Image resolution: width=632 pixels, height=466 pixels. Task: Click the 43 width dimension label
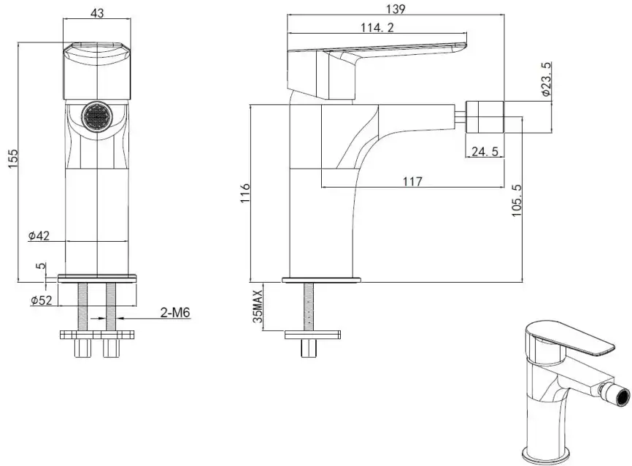[97, 13]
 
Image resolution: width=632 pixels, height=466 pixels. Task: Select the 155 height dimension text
[13, 159]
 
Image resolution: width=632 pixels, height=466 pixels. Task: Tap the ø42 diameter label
[39, 236]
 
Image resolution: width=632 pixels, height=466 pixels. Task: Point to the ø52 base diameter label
[42, 300]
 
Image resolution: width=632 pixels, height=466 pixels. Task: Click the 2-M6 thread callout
[175, 313]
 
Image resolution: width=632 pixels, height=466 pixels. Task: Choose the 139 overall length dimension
[396, 9]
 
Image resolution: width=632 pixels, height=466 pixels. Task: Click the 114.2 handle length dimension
[377, 28]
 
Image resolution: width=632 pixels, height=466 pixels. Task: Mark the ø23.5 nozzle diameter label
[546, 79]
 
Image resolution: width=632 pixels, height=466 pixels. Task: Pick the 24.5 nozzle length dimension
[485, 151]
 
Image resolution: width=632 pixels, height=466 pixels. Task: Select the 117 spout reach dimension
[412, 181]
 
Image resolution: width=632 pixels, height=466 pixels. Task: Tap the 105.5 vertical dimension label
[517, 201]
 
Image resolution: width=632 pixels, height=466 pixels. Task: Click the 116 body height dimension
[245, 194]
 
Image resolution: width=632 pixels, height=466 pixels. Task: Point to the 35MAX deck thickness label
[258, 307]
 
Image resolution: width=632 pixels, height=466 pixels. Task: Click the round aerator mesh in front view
[97, 116]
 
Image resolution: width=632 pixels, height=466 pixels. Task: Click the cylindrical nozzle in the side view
[485, 116]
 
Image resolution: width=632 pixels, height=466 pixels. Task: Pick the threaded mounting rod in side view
[309, 307]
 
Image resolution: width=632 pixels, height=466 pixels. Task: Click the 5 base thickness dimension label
[40, 267]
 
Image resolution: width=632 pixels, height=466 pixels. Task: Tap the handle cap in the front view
[97, 70]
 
